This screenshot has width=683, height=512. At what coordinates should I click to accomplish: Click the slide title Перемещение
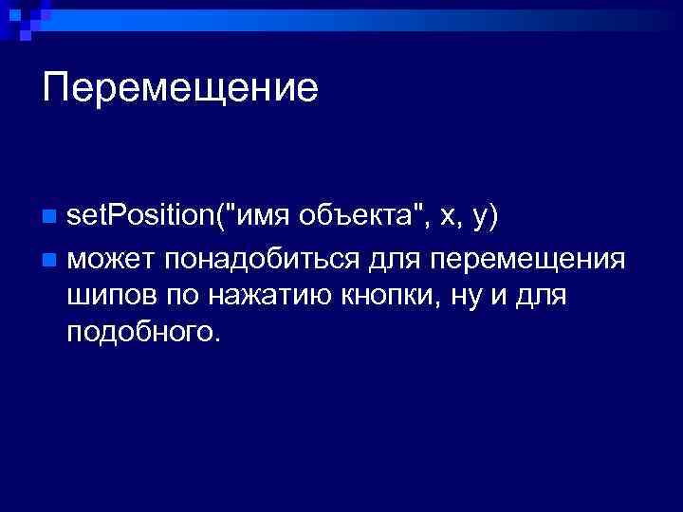tap(180, 89)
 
